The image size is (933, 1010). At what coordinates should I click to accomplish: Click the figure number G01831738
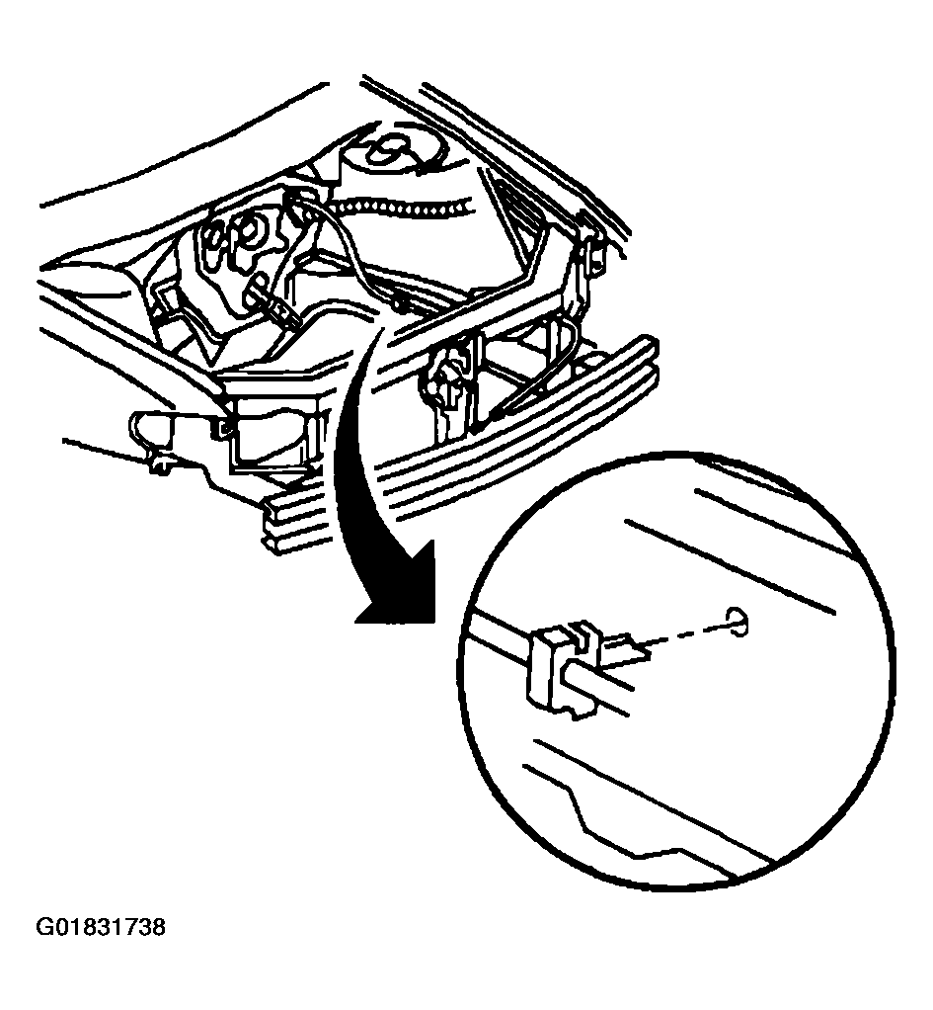(x=100, y=927)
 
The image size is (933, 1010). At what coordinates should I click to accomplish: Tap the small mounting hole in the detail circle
(x=739, y=621)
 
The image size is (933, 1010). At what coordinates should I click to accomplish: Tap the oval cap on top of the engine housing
(x=388, y=150)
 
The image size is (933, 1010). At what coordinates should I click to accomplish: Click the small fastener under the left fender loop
(x=158, y=463)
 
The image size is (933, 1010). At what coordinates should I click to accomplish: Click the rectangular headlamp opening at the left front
(x=272, y=433)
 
